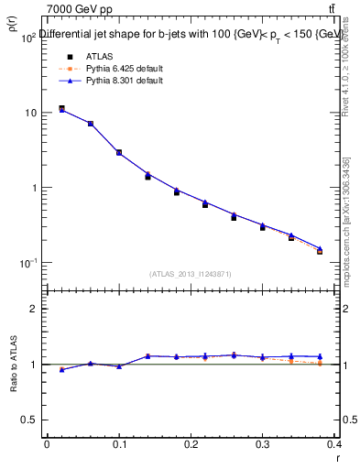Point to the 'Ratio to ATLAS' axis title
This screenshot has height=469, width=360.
click(x=14, y=364)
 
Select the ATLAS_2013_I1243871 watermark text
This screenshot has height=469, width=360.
click(x=191, y=274)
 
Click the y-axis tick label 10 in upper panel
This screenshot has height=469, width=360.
click(x=29, y=113)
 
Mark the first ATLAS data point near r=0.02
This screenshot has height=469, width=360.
click(x=61, y=109)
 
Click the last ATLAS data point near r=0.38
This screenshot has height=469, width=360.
click(x=320, y=251)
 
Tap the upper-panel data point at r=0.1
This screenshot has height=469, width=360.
click(x=119, y=153)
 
